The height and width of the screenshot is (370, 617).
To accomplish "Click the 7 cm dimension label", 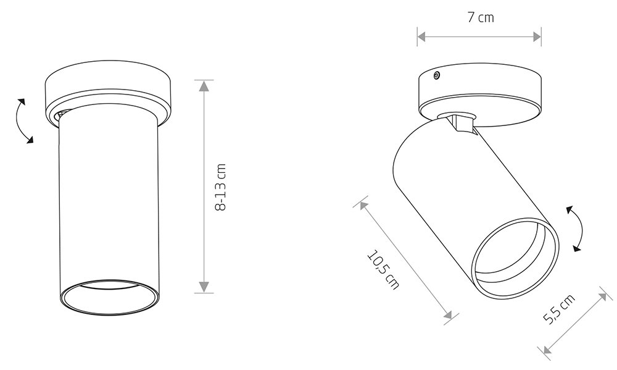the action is (481, 18).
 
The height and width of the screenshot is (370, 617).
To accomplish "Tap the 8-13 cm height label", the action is (221, 187).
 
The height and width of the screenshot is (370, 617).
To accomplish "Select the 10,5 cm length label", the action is (383, 271).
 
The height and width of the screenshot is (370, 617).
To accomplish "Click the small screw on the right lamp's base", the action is (436, 75).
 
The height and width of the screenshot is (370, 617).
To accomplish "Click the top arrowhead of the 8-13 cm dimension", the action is (204, 85).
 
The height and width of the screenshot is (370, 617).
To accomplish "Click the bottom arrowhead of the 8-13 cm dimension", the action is (204, 287).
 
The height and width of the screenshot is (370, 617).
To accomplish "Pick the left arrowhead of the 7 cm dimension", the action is (422, 37).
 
